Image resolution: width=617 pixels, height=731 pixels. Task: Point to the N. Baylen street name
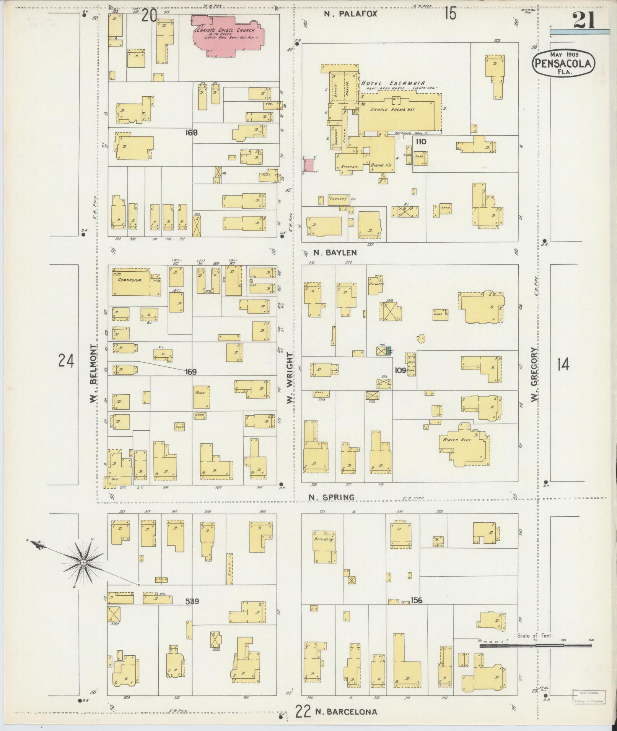[x=335, y=253]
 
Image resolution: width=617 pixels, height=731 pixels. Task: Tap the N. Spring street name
[x=331, y=497]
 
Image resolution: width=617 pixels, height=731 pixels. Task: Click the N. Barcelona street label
[x=346, y=712]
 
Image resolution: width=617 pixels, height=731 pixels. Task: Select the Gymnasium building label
[x=130, y=280]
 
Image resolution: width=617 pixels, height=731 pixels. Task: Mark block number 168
[x=191, y=133]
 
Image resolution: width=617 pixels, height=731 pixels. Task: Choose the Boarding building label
[x=324, y=539]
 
